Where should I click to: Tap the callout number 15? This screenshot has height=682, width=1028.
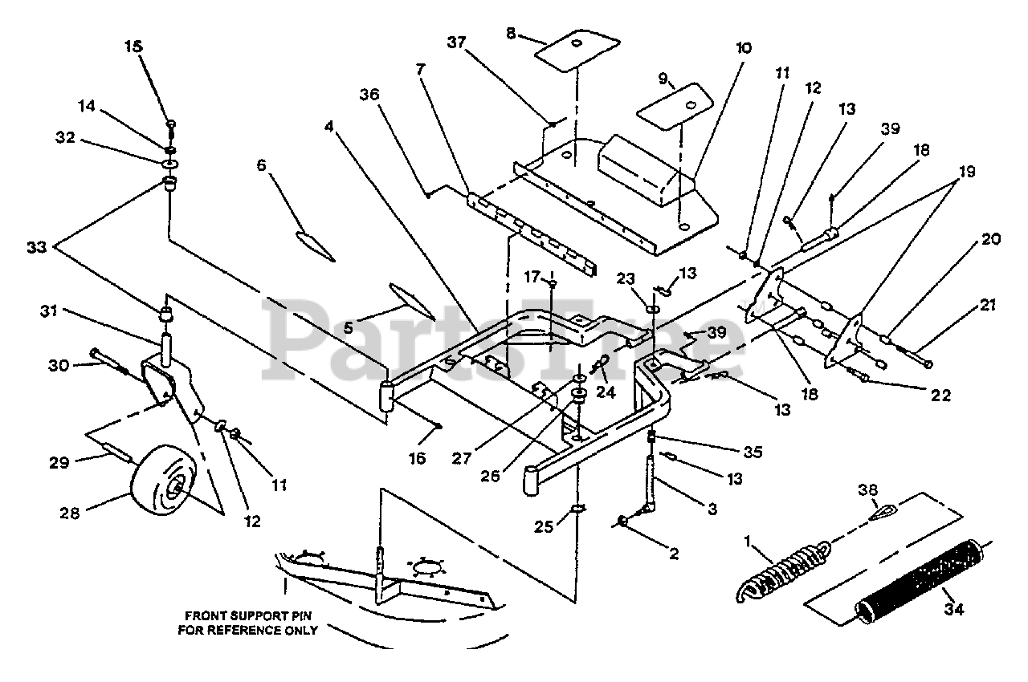point(133,47)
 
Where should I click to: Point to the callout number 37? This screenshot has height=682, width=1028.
point(455,46)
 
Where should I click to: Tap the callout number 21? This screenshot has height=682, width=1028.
point(987,305)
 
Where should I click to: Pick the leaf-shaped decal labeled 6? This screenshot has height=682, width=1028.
point(316,244)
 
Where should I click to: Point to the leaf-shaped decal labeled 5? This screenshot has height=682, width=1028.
point(410,300)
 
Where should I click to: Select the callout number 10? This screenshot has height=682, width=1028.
point(742,48)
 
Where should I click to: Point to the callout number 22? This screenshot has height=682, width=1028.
point(941,396)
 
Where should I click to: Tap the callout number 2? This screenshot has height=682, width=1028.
point(675,554)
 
